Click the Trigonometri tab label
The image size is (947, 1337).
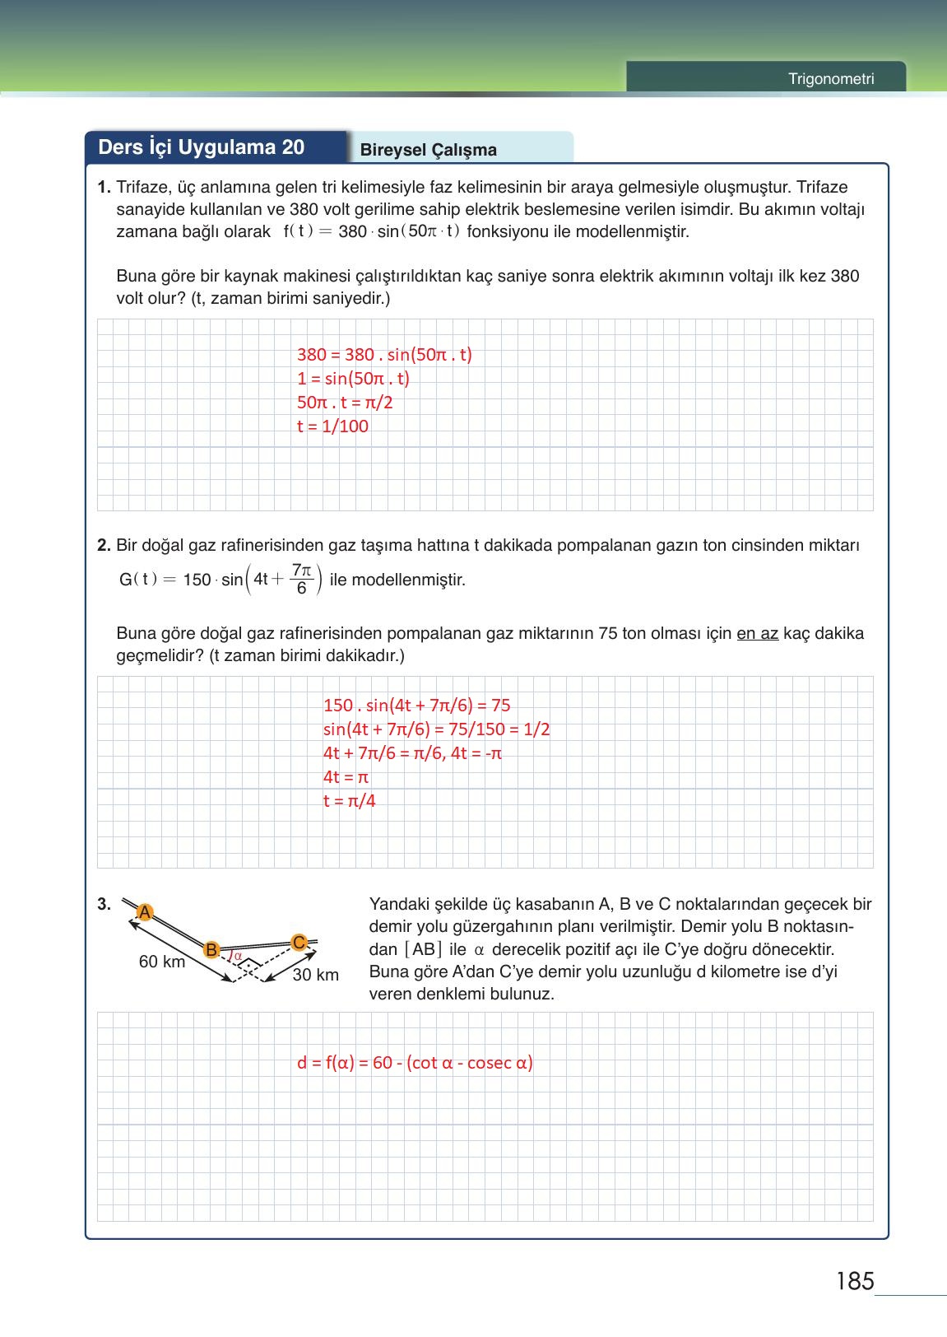(x=830, y=79)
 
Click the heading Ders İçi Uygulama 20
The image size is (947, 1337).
(x=202, y=147)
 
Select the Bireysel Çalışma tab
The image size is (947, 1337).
(x=428, y=150)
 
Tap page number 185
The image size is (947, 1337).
(x=854, y=1281)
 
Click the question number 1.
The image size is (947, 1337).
(x=104, y=188)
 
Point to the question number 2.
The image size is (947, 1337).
(x=104, y=545)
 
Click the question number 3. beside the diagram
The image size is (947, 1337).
(x=104, y=904)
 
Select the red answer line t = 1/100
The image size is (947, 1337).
(x=332, y=426)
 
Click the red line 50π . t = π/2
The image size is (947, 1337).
(x=345, y=403)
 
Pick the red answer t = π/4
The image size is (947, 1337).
(x=349, y=801)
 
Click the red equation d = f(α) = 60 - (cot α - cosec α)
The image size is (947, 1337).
(x=415, y=1062)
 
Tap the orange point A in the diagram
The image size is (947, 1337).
(x=145, y=912)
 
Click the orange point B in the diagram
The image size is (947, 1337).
(x=211, y=949)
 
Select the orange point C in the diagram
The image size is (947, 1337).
(x=299, y=942)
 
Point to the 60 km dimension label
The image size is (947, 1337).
(x=162, y=962)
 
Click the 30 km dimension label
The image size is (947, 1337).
(x=316, y=975)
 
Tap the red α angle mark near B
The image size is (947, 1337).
(x=237, y=956)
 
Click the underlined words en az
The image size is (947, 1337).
(x=757, y=634)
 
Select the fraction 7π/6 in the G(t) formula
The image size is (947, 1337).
(x=302, y=579)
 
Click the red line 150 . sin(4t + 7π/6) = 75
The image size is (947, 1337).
(x=416, y=706)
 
